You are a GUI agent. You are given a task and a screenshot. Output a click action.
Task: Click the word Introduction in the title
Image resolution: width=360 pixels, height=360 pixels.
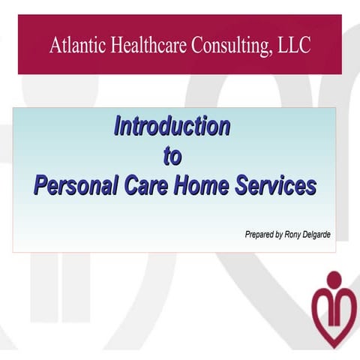coord(172,126)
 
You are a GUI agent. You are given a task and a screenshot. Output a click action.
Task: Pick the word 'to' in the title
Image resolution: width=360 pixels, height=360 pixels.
coord(172,155)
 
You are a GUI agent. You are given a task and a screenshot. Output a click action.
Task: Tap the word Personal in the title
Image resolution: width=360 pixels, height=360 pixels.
coord(74,185)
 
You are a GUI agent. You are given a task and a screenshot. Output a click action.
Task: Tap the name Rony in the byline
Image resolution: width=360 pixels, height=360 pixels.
coord(293,235)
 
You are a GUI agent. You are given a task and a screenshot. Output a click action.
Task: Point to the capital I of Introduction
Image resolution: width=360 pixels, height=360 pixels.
coord(117,126)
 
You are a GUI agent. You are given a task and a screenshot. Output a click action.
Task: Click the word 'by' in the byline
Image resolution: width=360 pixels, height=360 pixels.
coord(279,235)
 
